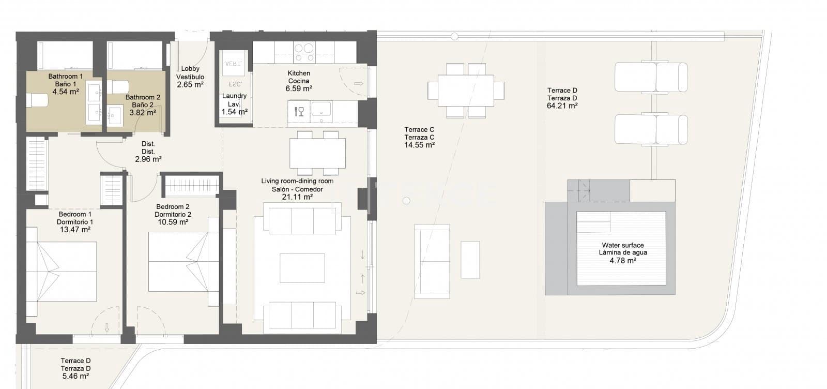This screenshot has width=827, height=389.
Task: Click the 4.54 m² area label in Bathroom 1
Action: (66, 92)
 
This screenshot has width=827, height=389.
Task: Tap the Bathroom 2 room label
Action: (143, 97)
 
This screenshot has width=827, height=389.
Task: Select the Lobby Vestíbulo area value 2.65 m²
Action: (190, 85)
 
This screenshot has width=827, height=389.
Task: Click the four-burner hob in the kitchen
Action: (304, 52)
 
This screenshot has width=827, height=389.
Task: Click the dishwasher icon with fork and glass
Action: (299, 111)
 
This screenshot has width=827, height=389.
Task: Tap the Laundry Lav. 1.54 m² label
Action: (234, 104)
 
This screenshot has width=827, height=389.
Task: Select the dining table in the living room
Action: (317, 153)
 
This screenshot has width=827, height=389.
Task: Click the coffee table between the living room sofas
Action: (302, 268)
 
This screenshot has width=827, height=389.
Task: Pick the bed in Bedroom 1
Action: (62, 272)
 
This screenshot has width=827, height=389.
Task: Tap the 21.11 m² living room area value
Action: (297, 197)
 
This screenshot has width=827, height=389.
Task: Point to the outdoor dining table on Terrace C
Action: (466, 91)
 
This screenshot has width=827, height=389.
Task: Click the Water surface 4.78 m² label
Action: (623, 253)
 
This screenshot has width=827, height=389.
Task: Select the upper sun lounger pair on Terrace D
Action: (651, 78)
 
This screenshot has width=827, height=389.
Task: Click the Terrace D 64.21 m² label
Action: (562, 98)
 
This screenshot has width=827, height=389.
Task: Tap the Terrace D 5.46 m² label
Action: (75, 368)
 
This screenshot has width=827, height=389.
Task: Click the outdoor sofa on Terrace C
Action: (432, 261)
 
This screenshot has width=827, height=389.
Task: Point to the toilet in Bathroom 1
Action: (37, 100)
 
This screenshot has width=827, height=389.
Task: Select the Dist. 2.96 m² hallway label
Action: (148, 152)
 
